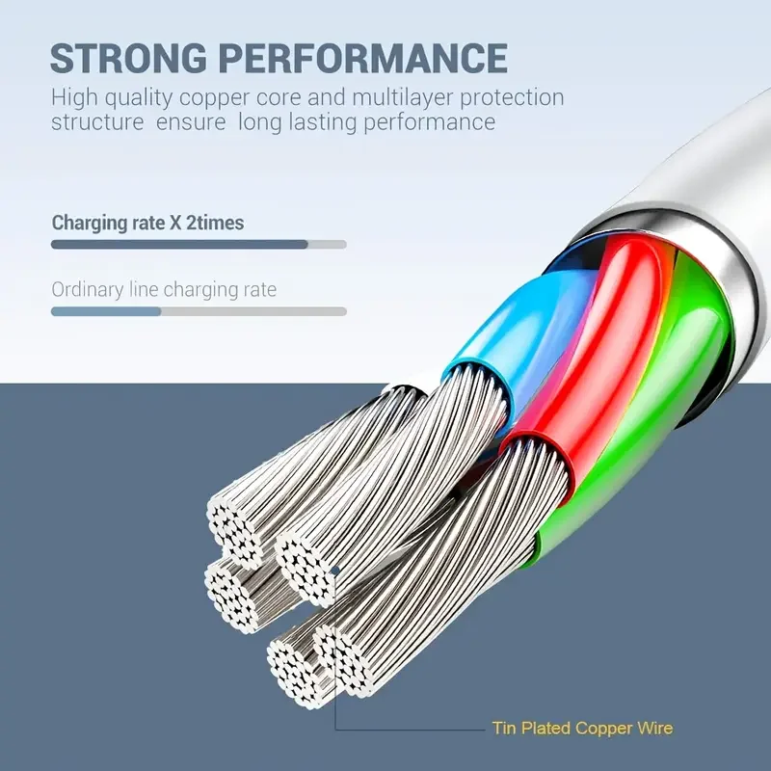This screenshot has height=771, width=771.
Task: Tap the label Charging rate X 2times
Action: click(147, 223)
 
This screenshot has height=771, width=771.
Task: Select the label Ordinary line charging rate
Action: click(164, 289)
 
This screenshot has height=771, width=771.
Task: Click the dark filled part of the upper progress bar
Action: click(178, 245)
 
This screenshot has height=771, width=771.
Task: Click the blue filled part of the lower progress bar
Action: click(105, 311)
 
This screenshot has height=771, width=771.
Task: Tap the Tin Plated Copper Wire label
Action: click(582, 728)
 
